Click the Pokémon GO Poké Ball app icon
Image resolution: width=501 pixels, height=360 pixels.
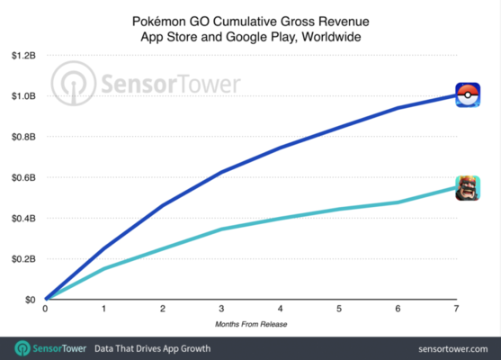tap(467, 94)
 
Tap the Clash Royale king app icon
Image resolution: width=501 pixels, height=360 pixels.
tap(467, 187)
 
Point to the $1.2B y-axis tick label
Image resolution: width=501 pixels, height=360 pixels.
tap(22, 55)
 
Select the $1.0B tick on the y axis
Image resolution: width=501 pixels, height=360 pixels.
tap(22, 95)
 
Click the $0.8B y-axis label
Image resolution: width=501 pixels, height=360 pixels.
tap(22, 137)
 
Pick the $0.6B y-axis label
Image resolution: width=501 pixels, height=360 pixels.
tap(22, 177)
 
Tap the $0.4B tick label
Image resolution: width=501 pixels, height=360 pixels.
tap(22, 218)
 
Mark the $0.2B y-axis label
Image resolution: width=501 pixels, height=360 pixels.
tap(22, 258)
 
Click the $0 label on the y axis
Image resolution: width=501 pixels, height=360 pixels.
tap(30, 299)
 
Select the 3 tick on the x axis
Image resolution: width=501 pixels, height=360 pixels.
tap(220, 309)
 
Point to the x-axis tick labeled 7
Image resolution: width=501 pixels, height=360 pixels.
tap(456, 309)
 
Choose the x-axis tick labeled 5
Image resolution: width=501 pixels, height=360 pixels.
tap(338, 309)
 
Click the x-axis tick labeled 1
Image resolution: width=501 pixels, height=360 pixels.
tap(103, 309)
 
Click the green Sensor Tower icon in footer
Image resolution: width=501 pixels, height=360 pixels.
tap(19, 347)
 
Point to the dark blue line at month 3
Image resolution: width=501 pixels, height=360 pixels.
tap(220, 171)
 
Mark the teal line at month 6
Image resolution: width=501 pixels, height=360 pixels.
tap(397, 202)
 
